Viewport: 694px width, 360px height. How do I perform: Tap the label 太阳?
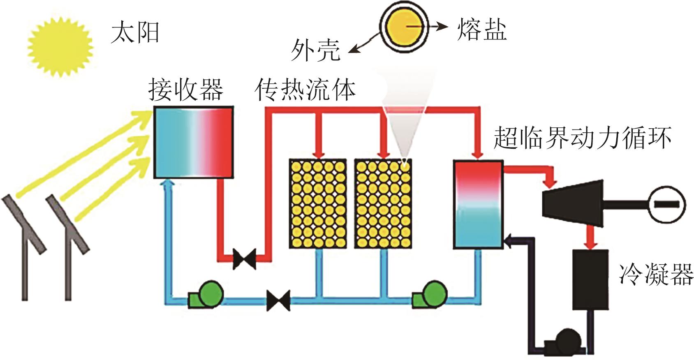click(x=135, y=33)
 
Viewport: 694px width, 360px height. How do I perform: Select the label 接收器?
click(x=186, y=89)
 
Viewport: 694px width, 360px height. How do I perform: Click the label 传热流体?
click(x=305, y=90)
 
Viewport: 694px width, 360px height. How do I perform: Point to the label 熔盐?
click(x=482, y=30)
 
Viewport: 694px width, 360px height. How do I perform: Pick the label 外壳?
click(x=316, y=50)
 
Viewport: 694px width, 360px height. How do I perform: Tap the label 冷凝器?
click(x=656, y=274)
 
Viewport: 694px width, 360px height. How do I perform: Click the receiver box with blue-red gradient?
click(x=194, y=142)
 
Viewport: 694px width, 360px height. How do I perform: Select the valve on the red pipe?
click(x=244, y=258)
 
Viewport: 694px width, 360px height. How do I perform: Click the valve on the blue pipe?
click(x=278, y=300)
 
